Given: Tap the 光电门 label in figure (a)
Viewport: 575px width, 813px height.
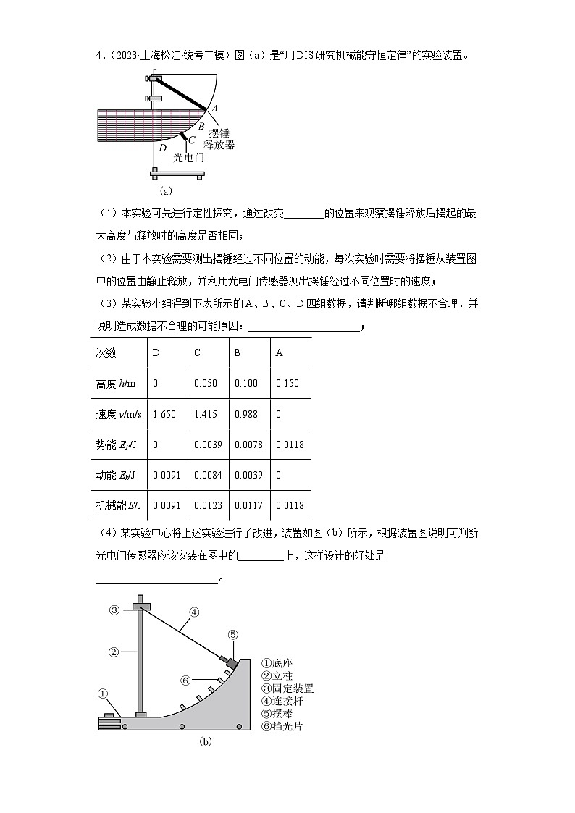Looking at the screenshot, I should [x=189, y=156].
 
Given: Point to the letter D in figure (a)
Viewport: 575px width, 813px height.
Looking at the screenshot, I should [x=162, y=148].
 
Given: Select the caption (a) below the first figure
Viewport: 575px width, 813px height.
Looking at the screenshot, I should [x=166, y=191].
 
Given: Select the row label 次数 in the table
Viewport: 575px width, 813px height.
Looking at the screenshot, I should [x=106, y=353].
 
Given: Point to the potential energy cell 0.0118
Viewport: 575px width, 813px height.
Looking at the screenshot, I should [x=290, y=444].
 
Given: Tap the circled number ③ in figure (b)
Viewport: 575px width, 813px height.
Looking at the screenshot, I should [x=114, y=610].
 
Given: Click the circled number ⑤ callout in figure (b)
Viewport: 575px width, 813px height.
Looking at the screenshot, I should [x=232, y=634].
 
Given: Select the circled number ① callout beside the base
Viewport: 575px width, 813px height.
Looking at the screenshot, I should [x=104, y=694].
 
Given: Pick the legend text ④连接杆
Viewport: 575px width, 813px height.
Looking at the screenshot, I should [x=282, y=701].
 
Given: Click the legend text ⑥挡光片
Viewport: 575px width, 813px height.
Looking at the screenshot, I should [x=282, y=726].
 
